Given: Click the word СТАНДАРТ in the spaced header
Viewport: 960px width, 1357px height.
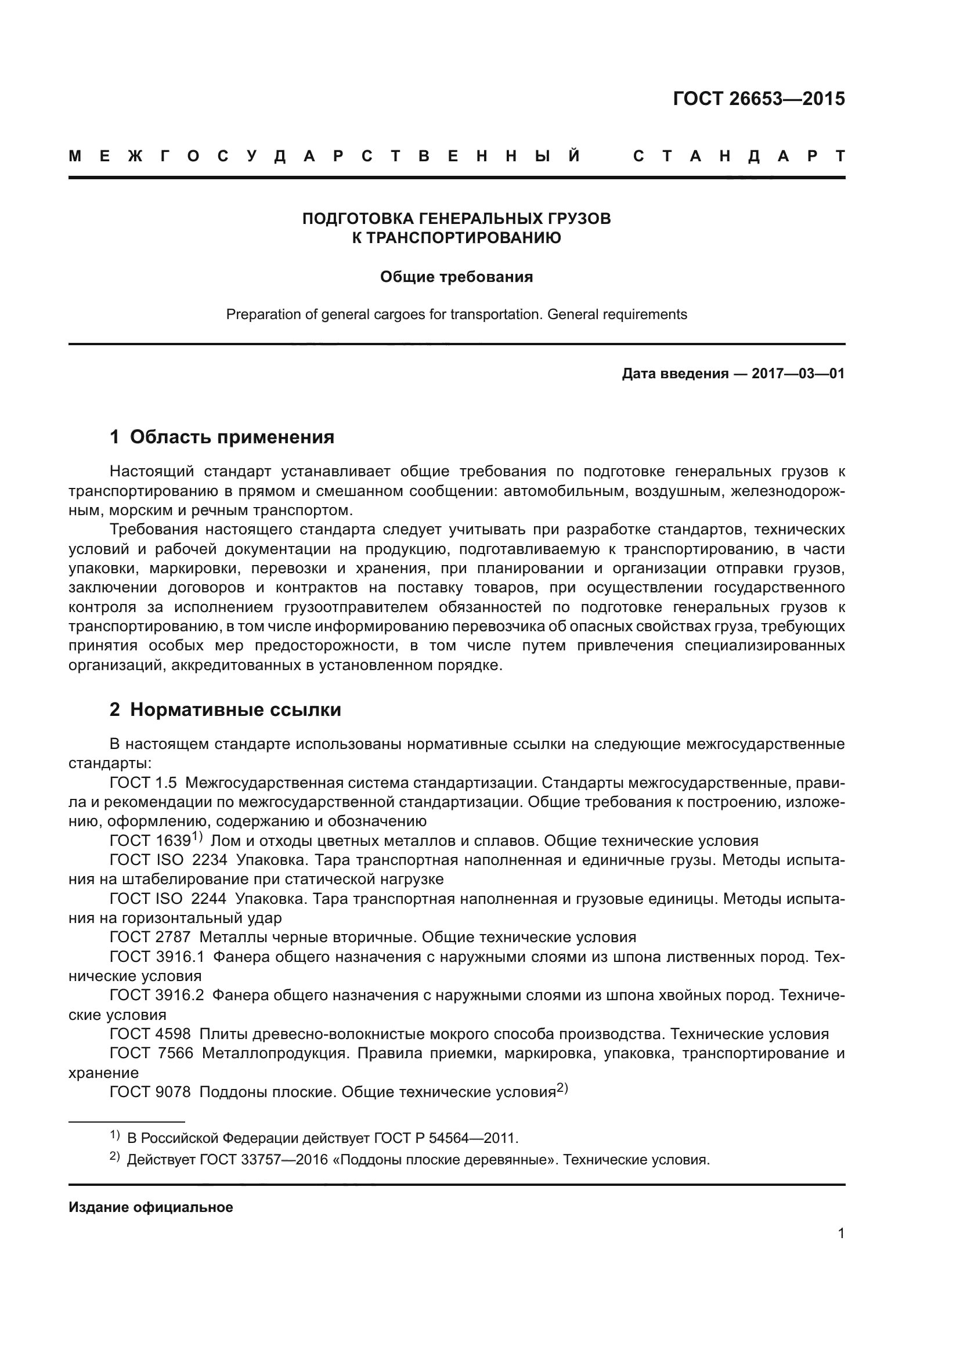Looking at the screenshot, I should (x=738, y=156).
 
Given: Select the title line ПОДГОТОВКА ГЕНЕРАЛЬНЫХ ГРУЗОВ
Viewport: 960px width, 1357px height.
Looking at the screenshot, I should (x=456, y=219).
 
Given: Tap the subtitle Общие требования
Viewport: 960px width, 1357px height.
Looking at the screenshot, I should (x=456, y=277).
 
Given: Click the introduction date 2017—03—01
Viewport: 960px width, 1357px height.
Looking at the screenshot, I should (x=798, y=374).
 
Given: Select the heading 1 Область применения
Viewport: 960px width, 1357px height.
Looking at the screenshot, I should (x=222, y=437).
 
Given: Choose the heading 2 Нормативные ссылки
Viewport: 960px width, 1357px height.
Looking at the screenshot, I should (x=225, y=709).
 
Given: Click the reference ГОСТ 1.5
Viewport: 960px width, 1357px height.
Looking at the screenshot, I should (x=143, y=783).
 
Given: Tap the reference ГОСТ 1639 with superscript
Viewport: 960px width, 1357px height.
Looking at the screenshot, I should (x=155, y=841).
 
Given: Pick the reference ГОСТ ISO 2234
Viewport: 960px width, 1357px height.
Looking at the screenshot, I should (x=168, y=860).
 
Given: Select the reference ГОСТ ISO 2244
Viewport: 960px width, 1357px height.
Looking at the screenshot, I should (x=168, y=898).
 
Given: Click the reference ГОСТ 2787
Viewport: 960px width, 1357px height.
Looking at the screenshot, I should (x=150, y=937).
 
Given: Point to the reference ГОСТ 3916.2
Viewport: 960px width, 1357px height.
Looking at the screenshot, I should (x=157, y=995).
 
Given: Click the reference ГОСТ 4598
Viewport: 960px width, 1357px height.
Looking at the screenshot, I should (x=150, y=1034).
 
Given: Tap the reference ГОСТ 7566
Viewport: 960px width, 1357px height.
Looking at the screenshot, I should (x=151, y=1052).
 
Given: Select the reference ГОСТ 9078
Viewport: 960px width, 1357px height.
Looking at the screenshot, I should (x=150, y=1092).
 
